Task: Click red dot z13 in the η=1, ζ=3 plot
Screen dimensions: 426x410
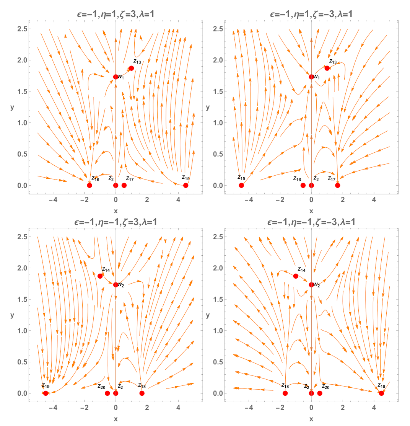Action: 131,68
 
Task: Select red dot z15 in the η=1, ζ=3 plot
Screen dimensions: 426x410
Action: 185,185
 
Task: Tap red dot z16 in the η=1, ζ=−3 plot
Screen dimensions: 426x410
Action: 303,185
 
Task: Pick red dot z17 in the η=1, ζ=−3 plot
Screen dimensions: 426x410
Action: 337,185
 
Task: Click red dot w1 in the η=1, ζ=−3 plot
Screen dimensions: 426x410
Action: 311,77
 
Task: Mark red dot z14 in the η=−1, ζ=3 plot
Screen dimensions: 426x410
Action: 100,276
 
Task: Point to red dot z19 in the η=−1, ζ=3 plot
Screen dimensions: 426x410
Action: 46,393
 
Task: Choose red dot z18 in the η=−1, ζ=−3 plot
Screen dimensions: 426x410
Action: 285,393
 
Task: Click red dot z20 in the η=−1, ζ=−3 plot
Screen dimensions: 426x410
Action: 320,393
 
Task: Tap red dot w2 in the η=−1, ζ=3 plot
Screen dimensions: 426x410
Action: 116,284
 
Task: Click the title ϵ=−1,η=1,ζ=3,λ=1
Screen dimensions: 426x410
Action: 116,15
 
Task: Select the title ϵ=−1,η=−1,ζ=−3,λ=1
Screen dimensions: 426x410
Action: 311,223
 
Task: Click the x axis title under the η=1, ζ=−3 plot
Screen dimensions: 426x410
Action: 311,211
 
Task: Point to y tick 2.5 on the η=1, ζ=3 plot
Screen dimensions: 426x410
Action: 21,29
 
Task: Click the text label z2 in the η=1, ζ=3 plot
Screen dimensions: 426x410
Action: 111,178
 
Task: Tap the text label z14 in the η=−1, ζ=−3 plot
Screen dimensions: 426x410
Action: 302,269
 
